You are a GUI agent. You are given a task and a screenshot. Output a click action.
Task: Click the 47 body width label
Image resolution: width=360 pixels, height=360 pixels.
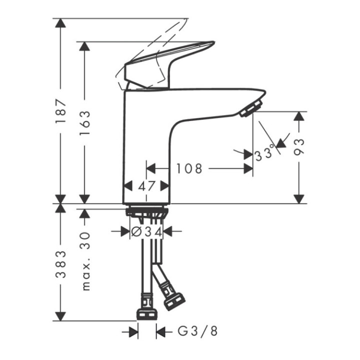click(146, 186)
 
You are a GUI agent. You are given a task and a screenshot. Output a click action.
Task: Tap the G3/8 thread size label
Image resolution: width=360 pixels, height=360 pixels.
click(197, 331)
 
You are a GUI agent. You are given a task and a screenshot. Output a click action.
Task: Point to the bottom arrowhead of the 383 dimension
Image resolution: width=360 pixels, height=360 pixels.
click(60, 316)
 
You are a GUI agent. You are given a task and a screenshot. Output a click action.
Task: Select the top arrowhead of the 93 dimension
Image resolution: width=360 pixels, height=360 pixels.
click(299, 116)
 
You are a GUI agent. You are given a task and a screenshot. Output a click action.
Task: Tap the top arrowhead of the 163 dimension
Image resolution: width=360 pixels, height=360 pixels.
click(85, 46)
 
